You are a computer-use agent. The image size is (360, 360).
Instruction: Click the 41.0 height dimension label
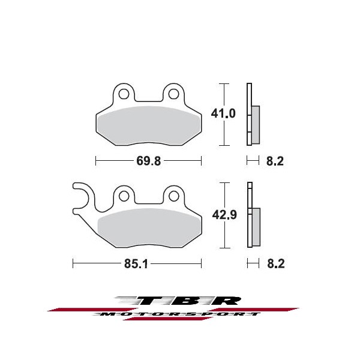click(223, 113)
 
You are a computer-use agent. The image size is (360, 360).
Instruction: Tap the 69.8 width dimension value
click(149, 161)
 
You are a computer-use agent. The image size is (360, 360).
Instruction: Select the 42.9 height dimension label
click(224, 215)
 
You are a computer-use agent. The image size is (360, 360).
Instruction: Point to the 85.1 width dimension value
click(136, 264)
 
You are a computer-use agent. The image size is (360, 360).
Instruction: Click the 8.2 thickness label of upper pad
click(275, 161)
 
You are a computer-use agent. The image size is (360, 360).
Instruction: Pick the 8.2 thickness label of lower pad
click(276, 263)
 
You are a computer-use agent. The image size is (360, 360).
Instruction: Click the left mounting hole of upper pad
click(124, 94)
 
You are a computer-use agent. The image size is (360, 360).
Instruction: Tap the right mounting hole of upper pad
click(173, 94)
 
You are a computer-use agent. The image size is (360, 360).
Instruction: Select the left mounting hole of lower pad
click(124, 196)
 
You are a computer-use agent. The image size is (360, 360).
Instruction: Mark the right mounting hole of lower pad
click(174, 196)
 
